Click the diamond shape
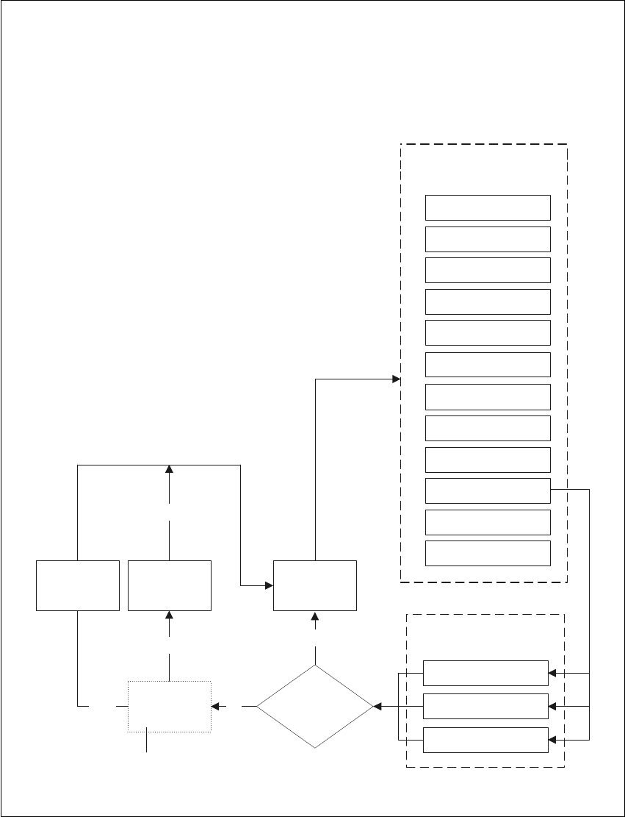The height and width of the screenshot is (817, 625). (315, 707)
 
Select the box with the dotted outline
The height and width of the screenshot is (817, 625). (170, 707)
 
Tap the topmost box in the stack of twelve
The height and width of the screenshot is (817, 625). (488, 207)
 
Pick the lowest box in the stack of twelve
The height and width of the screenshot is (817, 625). (488, 553)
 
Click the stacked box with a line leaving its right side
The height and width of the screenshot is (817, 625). (488, 490)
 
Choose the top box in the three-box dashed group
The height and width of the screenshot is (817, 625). (486, 672)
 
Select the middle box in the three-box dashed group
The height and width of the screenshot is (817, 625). (486, 706)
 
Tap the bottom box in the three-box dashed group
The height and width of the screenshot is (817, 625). (486, 739)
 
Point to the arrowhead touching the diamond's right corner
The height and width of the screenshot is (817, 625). (377, 707)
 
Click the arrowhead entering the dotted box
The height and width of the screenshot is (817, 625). (215, 707)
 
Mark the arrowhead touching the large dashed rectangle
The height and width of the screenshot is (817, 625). (396, 379)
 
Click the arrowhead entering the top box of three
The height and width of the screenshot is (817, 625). (553, 672)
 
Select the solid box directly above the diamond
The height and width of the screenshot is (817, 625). (315, 585)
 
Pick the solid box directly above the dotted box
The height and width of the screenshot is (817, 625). (170, 585)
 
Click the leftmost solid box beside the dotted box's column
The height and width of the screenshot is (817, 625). (78, 585)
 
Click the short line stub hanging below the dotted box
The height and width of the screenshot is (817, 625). (148, 742)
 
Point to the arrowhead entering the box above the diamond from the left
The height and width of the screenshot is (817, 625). (269, 585)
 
